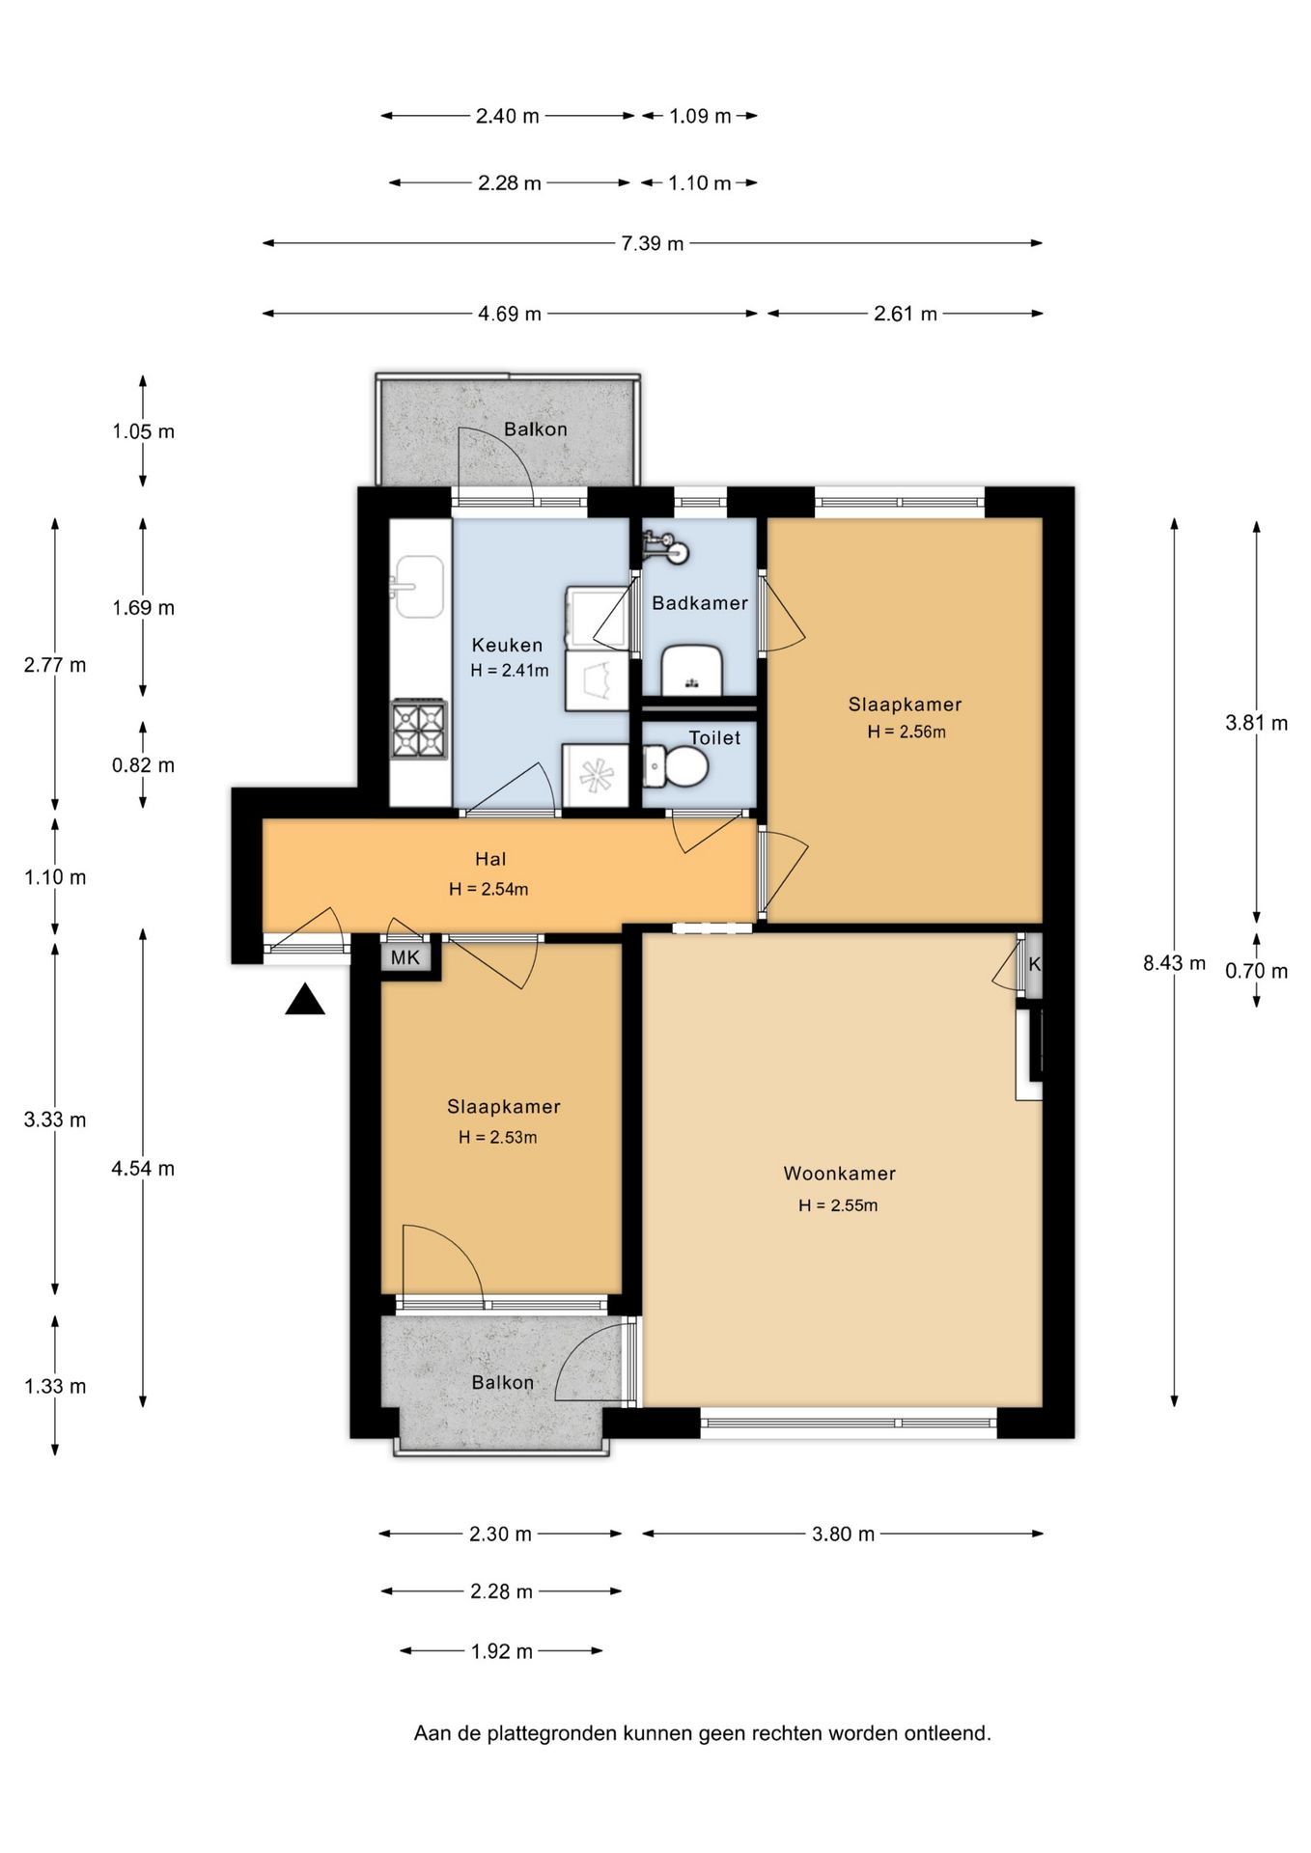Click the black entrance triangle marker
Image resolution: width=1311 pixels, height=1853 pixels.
click(x=305, y=1000)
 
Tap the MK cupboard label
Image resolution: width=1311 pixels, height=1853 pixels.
click(x=405, y=957)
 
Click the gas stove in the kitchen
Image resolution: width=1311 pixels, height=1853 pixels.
click(x=419, y=730)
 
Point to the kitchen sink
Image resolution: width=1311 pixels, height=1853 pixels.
click(x=418, y=586)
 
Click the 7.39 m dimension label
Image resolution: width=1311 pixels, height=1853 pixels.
click(x=653, y=243)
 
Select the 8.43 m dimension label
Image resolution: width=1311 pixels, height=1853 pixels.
click(x=1174, y=962)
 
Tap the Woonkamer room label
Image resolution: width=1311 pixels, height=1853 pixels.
click(x=840, y=1174)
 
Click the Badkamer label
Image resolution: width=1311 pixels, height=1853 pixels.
click(x=700, y=603)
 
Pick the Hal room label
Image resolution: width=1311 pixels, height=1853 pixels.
click(x=490, y=859)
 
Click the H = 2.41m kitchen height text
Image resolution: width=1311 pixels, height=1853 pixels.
click(x=510, y=670)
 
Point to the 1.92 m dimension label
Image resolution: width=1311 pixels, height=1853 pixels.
click(x=502, y=1651)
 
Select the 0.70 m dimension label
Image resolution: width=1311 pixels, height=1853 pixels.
click(x=1256, y=971)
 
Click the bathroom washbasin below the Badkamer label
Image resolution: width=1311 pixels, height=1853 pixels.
click(x=692, y=670)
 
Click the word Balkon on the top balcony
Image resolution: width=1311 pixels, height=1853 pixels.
click(x=536, y=429)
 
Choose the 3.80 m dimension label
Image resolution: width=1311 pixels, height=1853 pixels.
click(x=843, y=1534)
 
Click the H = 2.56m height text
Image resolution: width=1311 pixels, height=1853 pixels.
click(x=907, y=732)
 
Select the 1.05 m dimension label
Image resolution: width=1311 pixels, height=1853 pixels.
click(x=143, y=431)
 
